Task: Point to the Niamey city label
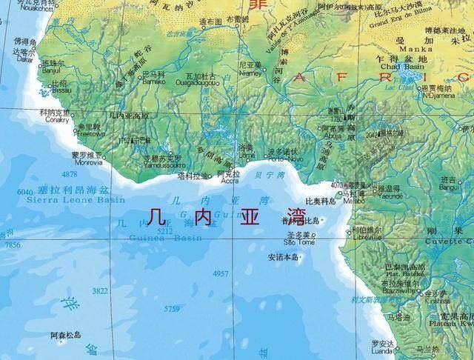[x=250, y=73]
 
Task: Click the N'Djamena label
[x=437, y=95]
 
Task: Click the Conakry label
[x=56, y=119]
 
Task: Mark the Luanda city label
[x=383, y=352]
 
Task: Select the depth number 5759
[x=172, y=308]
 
